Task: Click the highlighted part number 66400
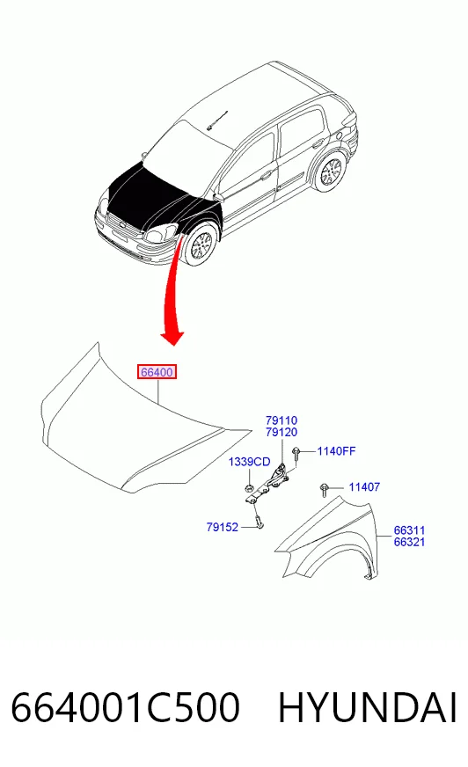pos(157,372)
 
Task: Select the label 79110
pos(282,420)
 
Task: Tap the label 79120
pos(282,432)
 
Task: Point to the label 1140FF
pos(336,451)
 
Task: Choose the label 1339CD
pos(250,462)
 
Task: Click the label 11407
pos(364,486)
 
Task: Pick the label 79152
pos(222,527)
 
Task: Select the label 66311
pos(409,530)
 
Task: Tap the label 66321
pos(409,542)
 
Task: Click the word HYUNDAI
pos(368,707)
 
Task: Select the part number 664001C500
pos(125,707)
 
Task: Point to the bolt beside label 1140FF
pos(296,454)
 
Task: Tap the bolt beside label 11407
pos(324,490)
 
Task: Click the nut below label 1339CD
pos(249,487)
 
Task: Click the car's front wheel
pos(200,245)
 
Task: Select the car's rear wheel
pos(331,172)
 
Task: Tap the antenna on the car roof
pos(217,120)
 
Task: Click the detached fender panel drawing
pos(326,537)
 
